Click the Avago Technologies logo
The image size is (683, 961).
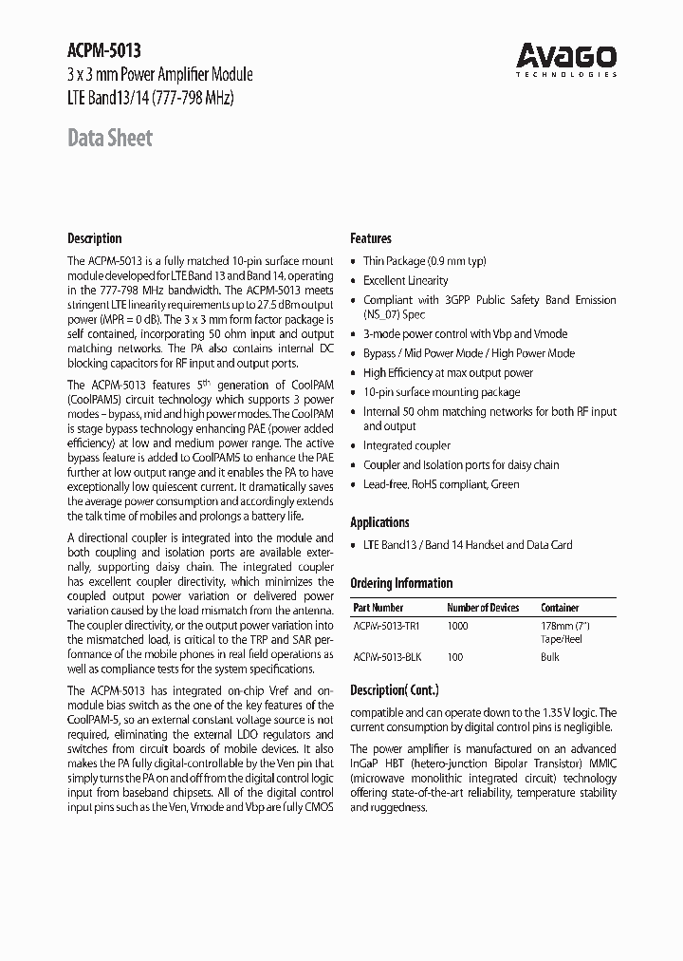(566, 58)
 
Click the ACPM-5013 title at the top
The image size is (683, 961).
(104, 51)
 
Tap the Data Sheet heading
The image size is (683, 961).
(110, 139)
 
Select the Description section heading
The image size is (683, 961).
(95, 238)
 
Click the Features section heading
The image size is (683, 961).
(371, 238)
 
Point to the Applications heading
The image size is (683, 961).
(379, 522)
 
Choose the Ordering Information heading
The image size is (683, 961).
(401, 583)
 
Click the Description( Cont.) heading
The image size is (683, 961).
(395, 690)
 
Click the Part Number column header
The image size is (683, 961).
(378, 608)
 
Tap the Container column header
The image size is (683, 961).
(560, 608)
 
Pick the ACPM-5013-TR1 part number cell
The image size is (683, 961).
(386, 627)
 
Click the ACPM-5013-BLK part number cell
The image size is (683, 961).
(386, 657)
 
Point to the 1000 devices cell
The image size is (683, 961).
(458, 627)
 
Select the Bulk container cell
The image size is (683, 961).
(551, 657)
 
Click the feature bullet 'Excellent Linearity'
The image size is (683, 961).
(406, 281)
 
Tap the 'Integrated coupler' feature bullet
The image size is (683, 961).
(407, 445)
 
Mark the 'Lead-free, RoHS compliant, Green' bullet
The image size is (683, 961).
(441, 484)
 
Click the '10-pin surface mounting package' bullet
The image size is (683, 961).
(441, 392)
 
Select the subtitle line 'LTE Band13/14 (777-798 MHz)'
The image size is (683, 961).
(151, 98)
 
